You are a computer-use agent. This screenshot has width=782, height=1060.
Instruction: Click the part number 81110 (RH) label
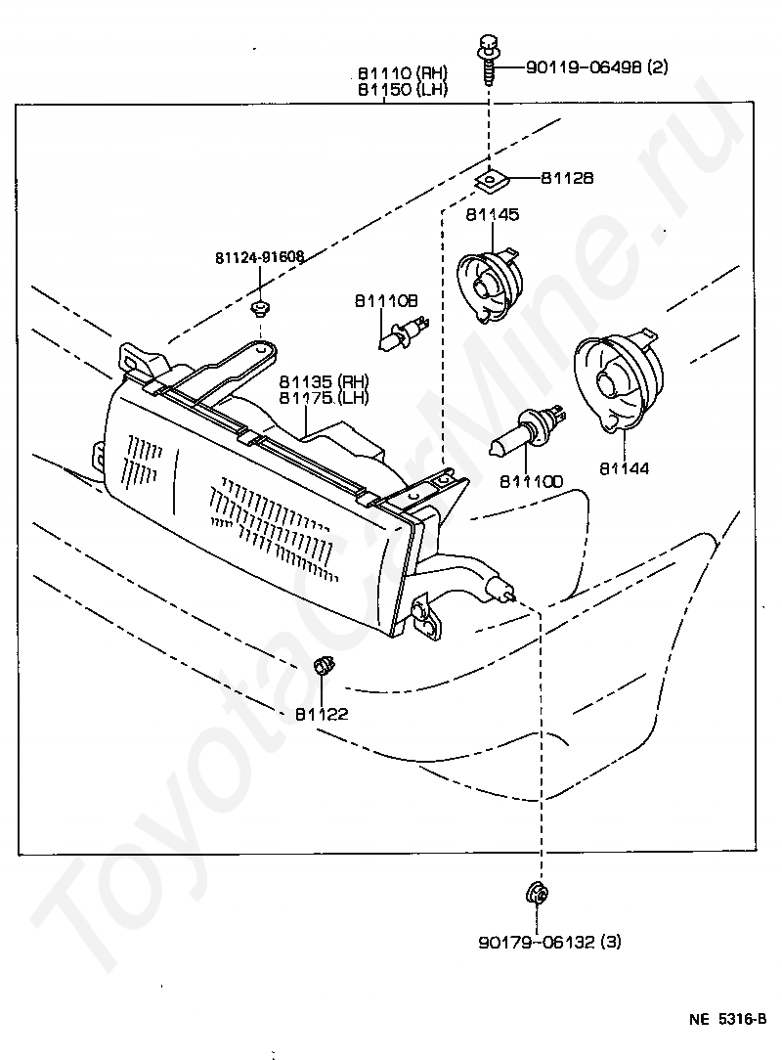(403, 73)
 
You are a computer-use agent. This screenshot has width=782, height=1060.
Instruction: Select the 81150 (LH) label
(403, 89)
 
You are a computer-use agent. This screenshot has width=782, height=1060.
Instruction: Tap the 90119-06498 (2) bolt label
(597, 66)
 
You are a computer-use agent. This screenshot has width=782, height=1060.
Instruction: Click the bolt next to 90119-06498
(488, 59)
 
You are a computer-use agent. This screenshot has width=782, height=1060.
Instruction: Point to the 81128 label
(566, 178)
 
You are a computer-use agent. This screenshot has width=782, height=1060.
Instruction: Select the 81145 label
(492, 214)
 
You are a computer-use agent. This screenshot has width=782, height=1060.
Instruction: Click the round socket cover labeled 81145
(492, 284)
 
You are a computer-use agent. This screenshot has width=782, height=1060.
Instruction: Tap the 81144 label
(624, 467)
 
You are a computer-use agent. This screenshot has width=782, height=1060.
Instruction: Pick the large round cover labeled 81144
(619, 382)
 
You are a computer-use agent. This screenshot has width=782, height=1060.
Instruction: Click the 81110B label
(387, 301)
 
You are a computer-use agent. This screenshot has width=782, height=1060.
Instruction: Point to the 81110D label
(531, 481)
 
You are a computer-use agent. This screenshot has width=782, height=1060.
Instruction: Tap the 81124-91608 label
(260, 257)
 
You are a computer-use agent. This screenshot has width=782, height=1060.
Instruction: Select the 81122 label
(322, 714)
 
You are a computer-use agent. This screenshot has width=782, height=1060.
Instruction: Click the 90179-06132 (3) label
(549, 942)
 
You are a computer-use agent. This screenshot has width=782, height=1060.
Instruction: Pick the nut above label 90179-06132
(536, 893)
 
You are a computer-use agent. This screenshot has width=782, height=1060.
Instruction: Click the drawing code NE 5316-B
(728, 1019)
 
